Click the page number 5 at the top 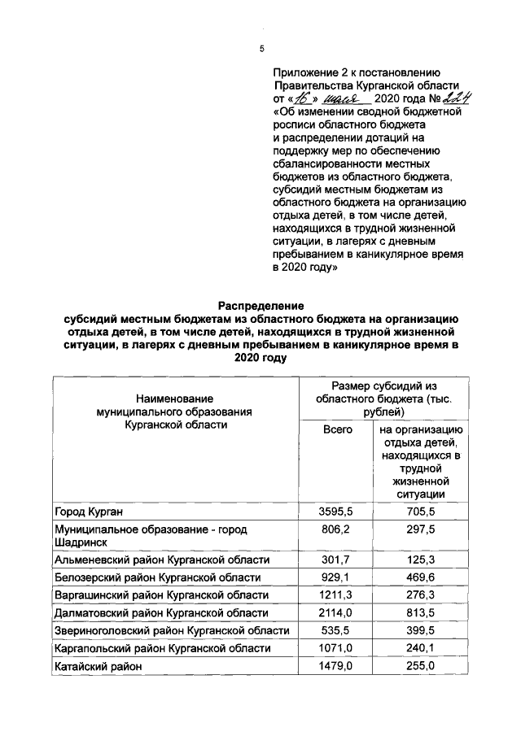point(261,49)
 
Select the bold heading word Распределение point(260,306)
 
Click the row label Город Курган point(93,512)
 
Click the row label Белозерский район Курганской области point(157,577)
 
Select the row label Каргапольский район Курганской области point(162,648)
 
